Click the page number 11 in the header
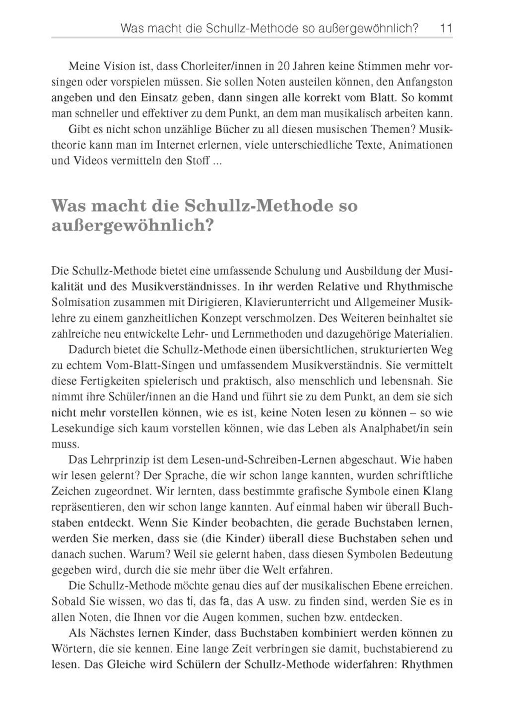click(446, 29)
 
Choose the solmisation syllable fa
click(224, 602)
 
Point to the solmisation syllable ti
click(189, 602)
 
